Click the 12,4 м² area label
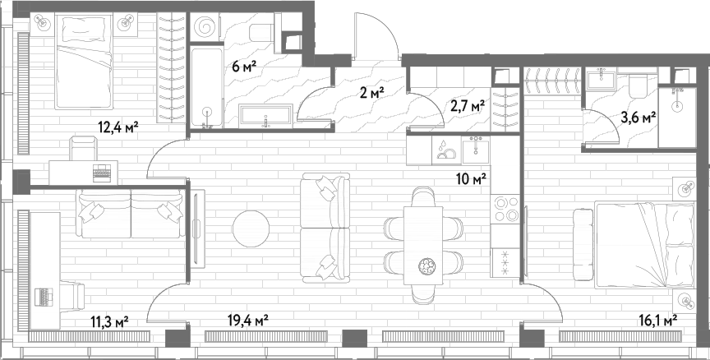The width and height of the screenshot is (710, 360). click(118, 127)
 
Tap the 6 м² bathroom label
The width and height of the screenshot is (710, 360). click(244, 66)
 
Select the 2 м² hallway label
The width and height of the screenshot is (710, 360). click(372, 94)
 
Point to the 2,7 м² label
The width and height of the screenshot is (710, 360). click(468, 107)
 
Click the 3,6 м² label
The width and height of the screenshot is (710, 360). click(639, 118)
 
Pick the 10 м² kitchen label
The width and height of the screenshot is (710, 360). click(472, 179)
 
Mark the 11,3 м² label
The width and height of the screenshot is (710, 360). click(109, 322)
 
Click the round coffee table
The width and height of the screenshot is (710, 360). click(251, 228)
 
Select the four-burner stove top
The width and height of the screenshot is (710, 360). click(505, 210)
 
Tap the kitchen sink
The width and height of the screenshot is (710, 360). click(476, 150)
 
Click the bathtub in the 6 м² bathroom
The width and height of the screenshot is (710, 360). click(206, 86)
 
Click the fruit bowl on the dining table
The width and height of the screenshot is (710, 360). click(426, 265)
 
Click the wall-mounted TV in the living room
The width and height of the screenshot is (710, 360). click(197, 228)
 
